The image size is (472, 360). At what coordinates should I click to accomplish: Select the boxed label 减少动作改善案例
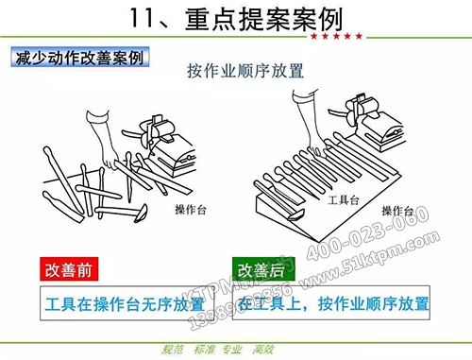[79, 59]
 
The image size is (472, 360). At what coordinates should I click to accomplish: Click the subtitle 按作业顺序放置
[237, 70]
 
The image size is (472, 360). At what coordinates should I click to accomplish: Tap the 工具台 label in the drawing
[340, 201]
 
